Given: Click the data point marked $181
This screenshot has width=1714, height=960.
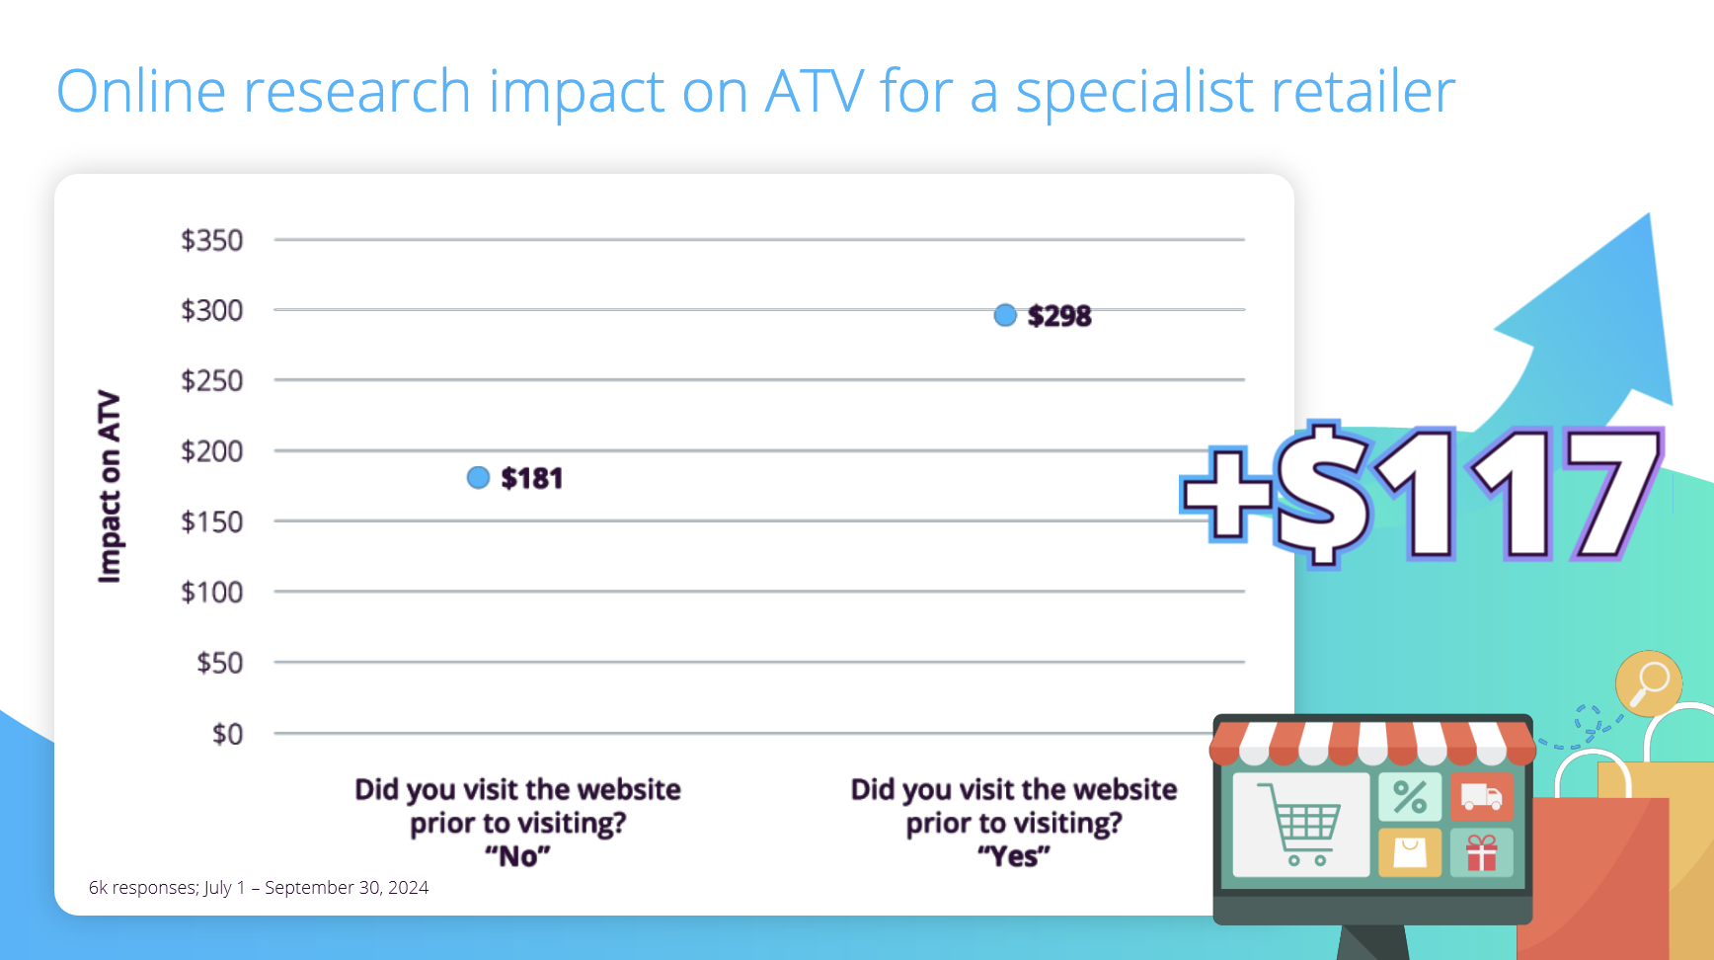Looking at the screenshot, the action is [478, 478].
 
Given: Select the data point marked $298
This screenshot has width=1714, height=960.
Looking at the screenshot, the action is [1005, 315].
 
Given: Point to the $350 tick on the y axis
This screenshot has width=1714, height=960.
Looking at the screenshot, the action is [211, 240].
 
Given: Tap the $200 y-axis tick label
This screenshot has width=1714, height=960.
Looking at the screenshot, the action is [211, 451].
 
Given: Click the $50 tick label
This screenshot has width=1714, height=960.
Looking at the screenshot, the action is [219, 663].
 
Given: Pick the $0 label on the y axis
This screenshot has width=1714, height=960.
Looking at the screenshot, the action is [227, 734].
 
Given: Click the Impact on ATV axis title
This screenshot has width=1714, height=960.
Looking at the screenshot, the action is [109, 487].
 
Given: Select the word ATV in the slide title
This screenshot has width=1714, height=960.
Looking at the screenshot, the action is [815, 92].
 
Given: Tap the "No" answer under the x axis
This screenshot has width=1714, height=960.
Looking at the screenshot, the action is [517, 855].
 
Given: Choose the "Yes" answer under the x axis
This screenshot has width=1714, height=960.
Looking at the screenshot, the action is [1014, 855].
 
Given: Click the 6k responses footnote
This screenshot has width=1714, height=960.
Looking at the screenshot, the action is [259, 888].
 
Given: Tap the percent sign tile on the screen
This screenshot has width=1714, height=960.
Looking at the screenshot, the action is [1410, 797].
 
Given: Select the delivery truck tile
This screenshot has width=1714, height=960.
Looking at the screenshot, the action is [1481, 797].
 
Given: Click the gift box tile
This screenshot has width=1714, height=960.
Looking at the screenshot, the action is [1481, 852].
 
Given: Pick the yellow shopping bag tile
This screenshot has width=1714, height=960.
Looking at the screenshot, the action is [1410, 852].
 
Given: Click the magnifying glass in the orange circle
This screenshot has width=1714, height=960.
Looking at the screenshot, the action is [1649, 682].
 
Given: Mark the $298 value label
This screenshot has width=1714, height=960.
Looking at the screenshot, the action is [1059, 316].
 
